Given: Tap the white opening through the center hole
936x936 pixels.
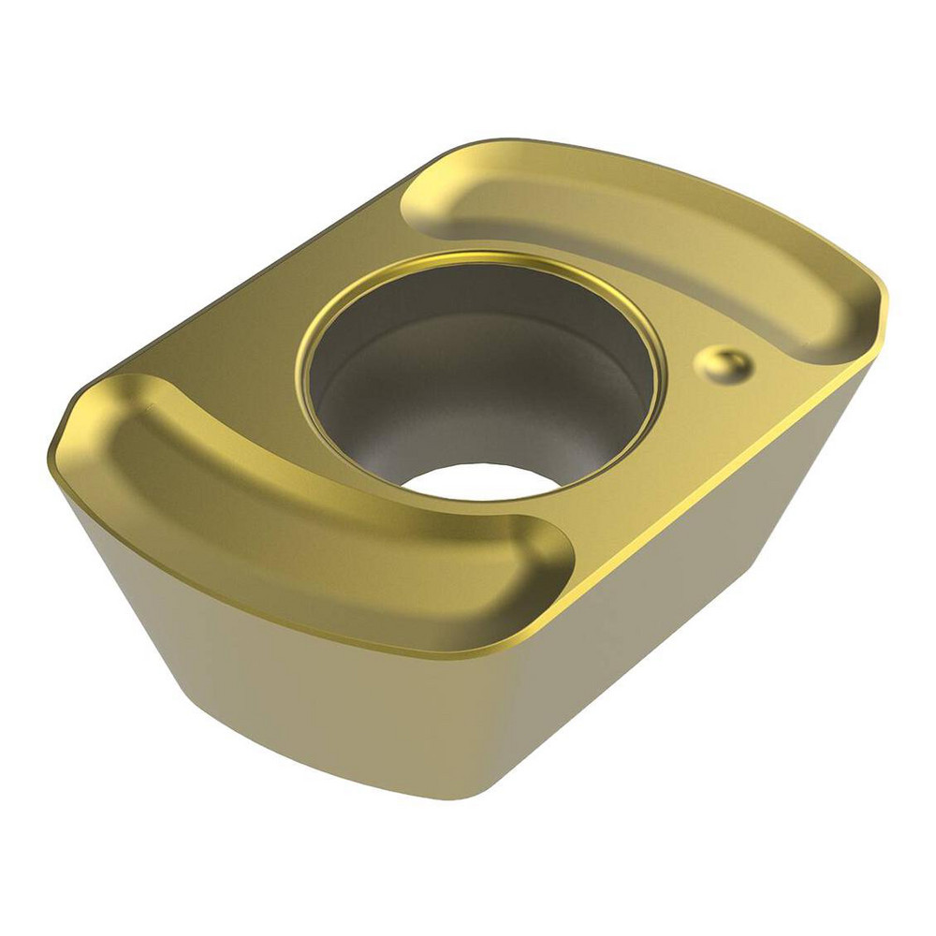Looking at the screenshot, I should pyautogui.click(x=477, y=479).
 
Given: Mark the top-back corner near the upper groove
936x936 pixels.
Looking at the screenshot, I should pyautogui.click(x=496, y=143).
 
